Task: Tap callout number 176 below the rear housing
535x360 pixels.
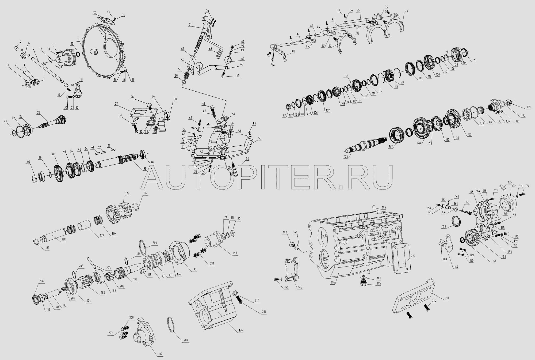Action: [240, 331]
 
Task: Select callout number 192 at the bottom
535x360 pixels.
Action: [160, 354]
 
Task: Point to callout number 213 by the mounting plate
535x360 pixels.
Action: [447, 298]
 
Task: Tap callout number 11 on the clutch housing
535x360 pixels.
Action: [78, 40]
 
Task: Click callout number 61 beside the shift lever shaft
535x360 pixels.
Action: [190, 24]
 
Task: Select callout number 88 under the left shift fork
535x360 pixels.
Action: [293, 51]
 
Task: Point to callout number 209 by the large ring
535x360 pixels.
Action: [186, 340]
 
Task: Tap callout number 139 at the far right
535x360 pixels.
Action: [529, 107]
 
